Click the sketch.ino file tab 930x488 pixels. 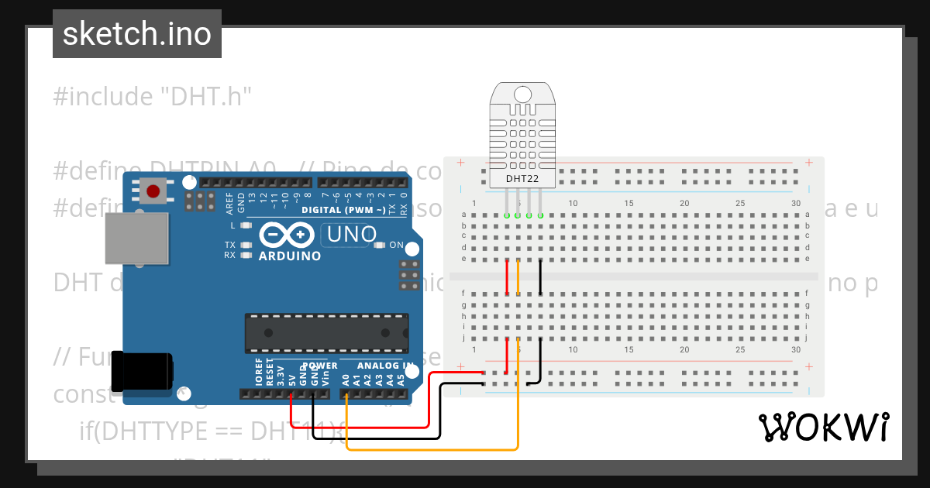point(137,34)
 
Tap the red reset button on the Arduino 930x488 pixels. point(153,191)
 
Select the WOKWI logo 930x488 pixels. point(823,427)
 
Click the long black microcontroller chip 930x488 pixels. point(326,332)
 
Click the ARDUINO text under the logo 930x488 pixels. point(289,256)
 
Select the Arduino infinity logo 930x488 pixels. point(287,234)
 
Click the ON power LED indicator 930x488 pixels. point(380,246)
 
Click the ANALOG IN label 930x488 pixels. point(384,366)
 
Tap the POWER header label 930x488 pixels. point(319,366)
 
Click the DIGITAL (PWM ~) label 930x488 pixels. point(343,210)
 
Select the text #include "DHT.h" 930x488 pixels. point(153,97)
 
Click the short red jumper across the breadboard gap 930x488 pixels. point(507,277)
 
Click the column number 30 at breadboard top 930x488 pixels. point(796,203)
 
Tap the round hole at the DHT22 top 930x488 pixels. point(523,95)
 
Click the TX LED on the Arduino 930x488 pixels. point(246,246)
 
